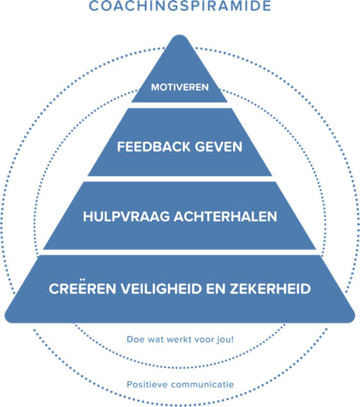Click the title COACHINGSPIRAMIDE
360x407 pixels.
coord(180,6)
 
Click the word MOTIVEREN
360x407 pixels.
coord(180,87)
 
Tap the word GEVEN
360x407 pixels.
coord(218,147)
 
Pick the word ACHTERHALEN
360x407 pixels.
coord(225,216)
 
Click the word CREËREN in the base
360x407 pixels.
coord(82,288)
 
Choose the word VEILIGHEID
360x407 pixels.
coord(161,289)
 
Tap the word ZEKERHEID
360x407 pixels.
coord(270,289)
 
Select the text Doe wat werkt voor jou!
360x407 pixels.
coord(180,340)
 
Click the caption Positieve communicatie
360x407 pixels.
coord(180,385)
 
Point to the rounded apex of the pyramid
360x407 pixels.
coord(179,36)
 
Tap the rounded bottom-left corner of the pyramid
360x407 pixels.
coord(8,318)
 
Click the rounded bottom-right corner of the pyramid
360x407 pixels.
coord(352,318)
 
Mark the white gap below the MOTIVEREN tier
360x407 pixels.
coord(179,105)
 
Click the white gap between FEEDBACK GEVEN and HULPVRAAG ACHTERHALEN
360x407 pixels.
coord(179,179)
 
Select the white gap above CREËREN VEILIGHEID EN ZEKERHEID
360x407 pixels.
coord(179,253)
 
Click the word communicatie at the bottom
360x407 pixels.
coord(202,385)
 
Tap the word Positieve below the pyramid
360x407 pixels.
coord(147,385)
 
